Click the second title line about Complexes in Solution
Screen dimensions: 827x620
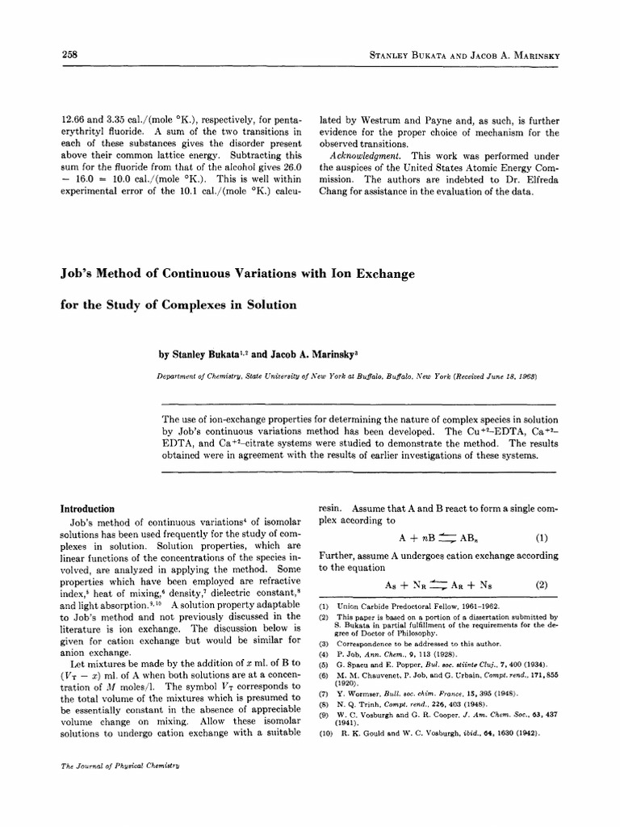pos(179,304)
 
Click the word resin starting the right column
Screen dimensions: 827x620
pos(331,510)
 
